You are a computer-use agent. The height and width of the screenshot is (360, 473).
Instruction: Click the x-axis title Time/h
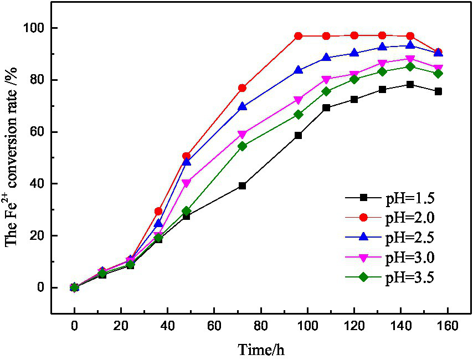[x=262, y=349]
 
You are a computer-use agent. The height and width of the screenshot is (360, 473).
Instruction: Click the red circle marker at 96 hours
[x=298, y=36]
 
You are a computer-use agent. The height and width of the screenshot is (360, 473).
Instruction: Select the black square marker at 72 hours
[x=242, y=186]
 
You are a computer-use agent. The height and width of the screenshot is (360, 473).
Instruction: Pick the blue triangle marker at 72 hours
[x=242, y=106]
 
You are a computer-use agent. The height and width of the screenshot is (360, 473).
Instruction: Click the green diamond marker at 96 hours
[x=298, y=115]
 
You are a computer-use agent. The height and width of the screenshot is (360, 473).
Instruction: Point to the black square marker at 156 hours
[x=438, y=91]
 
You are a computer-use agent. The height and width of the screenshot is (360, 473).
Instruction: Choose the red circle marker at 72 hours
[x=242, y=88]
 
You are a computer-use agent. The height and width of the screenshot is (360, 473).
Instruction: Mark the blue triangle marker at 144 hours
[x=410, y=45]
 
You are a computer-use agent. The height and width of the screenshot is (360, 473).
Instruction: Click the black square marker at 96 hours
[x=298, y=135]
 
